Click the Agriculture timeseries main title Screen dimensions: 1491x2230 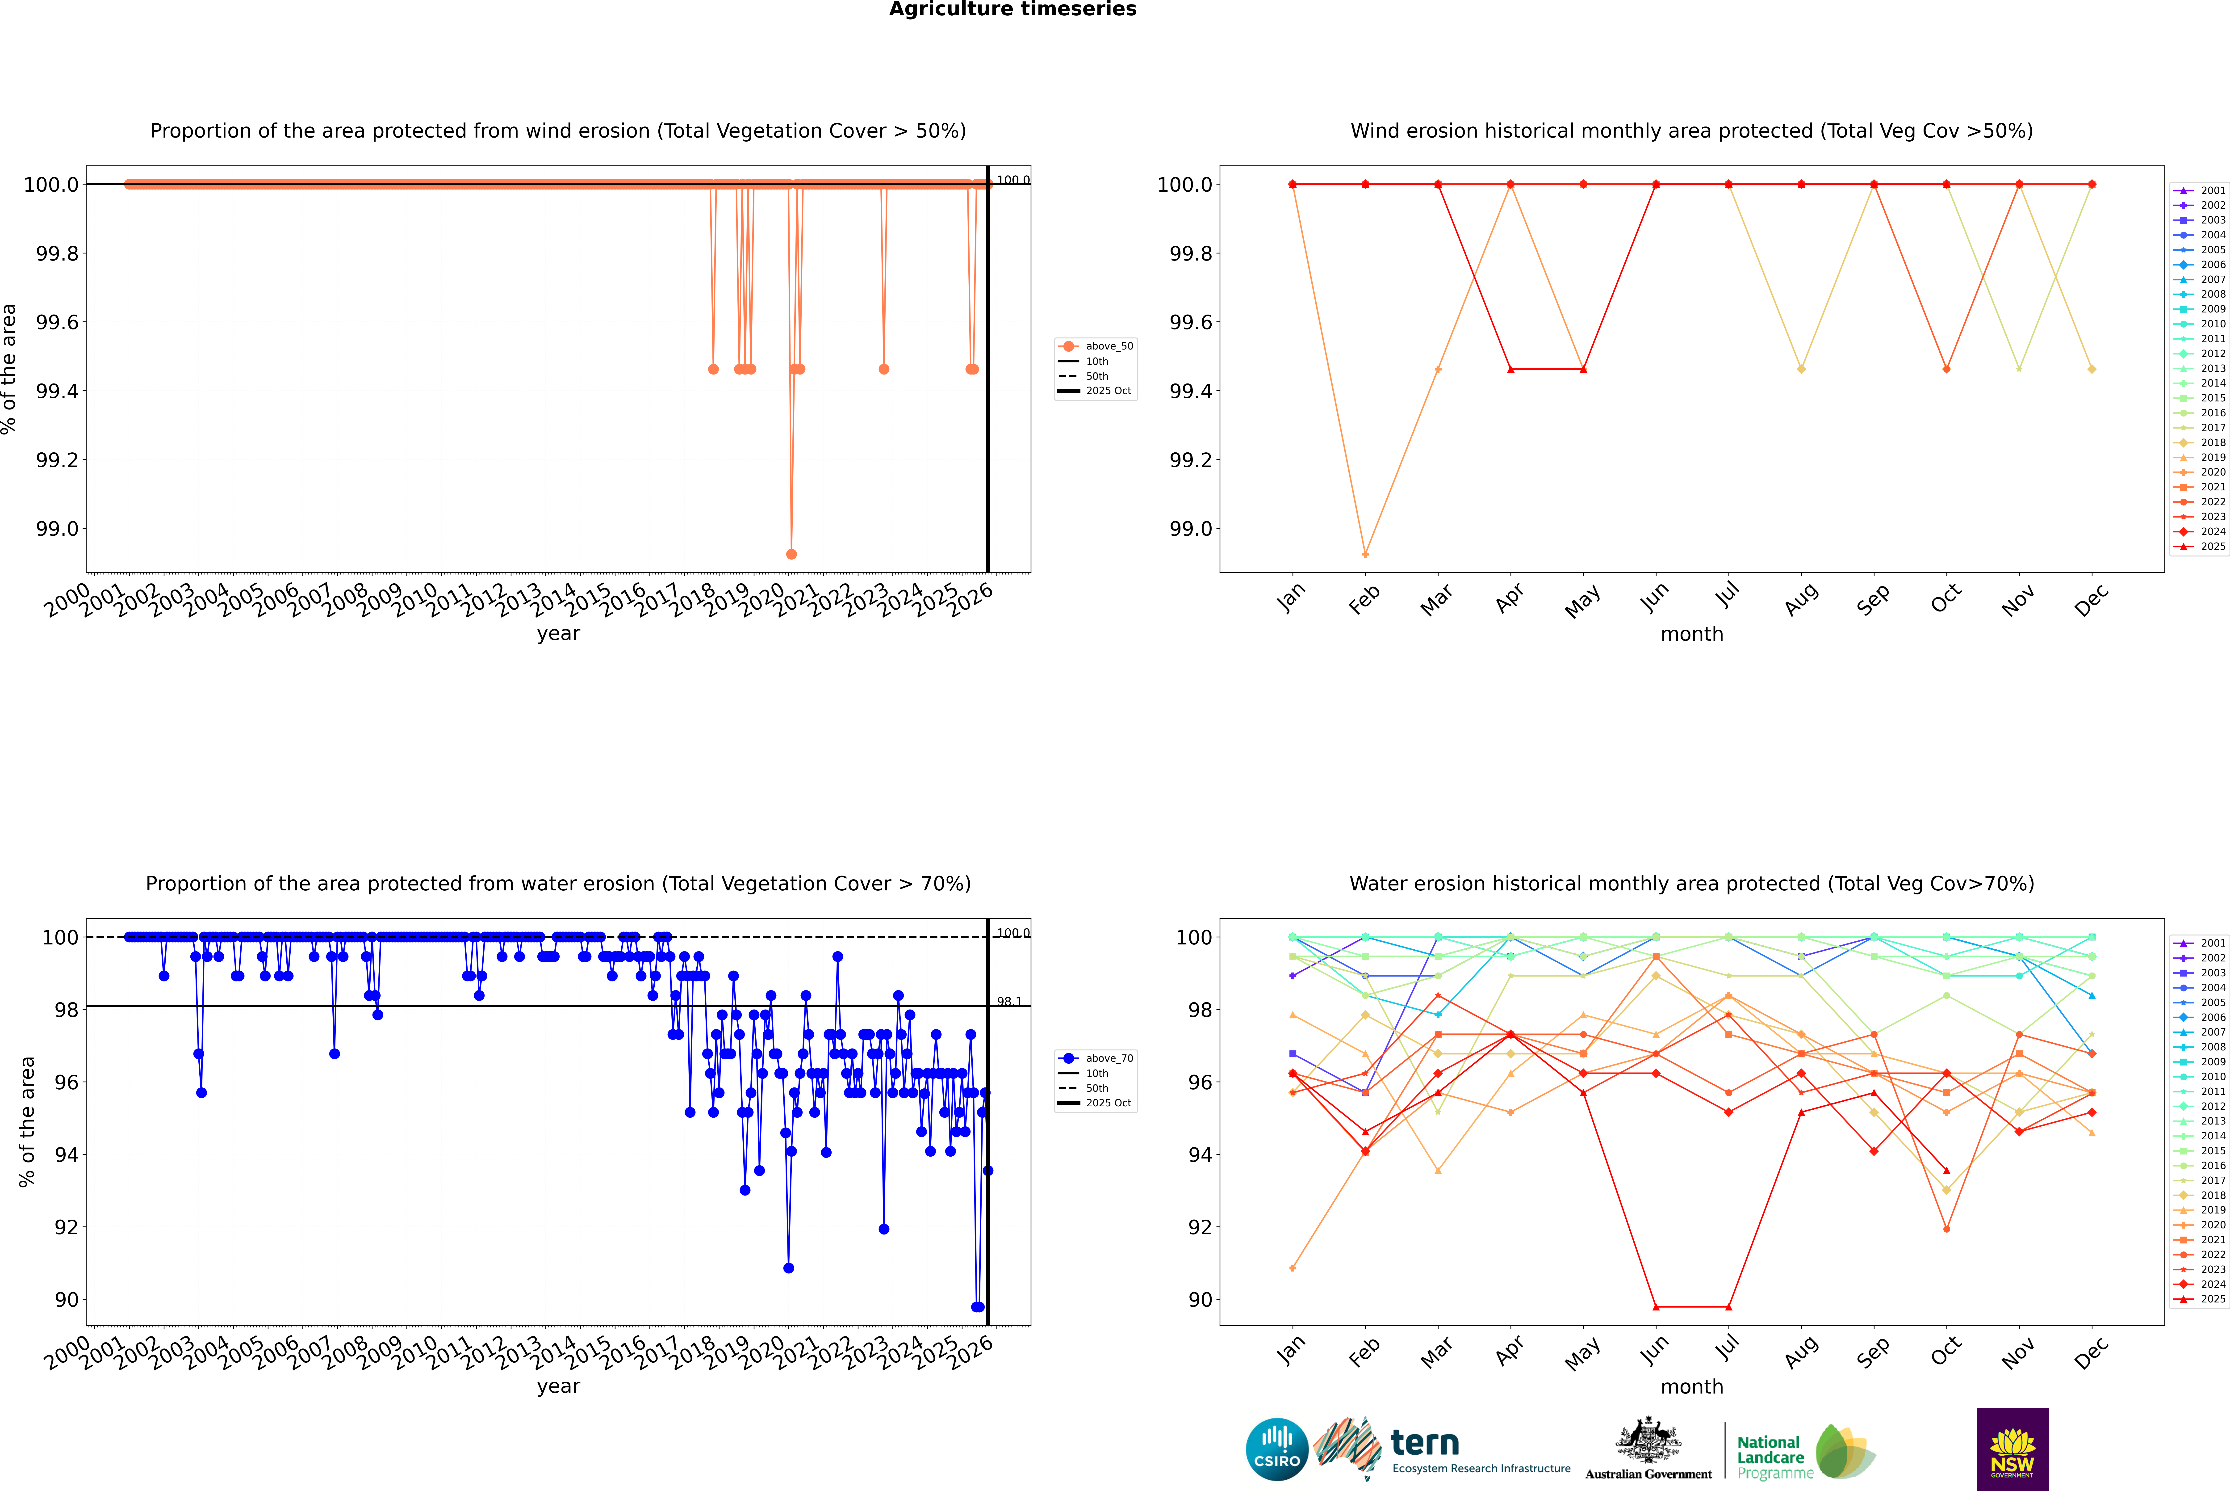click(x=1012, y=9)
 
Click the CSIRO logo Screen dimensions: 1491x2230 click(x=1277, y=1449)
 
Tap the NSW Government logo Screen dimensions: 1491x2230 click(x=2012, y=1449)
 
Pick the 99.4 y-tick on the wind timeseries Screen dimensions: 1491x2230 click(x=57, y=391)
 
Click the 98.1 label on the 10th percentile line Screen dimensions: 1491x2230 click(x=1008, y=1001)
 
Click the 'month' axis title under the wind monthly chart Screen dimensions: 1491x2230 click(x=1691, y=634)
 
